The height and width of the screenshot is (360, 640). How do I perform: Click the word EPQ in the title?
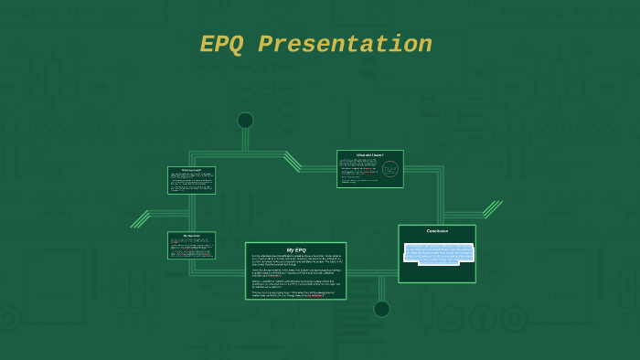click(x=223, y=45)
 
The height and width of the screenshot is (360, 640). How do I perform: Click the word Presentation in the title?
click(x=345, y=45)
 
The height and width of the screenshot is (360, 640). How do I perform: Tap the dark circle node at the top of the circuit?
click(x=245, y=121)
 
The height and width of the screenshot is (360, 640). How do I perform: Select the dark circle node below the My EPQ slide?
click(x=381, y=309)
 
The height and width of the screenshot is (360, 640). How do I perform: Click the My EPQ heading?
click(x=295, y=249)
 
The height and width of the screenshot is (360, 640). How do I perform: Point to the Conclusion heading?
click(x=437, y=231)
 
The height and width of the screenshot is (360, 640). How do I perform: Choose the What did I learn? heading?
click(x=369, y=155)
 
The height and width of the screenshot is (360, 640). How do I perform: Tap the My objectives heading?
click(x=191, y=236)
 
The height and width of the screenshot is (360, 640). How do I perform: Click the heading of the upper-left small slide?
click(x=191, y=170)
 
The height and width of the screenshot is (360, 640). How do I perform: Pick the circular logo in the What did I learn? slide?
click(x=390, y=169)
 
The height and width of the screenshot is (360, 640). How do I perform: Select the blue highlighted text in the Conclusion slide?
click(x=437, y=253)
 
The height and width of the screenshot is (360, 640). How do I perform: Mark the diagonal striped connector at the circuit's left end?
click(x=140, y=218)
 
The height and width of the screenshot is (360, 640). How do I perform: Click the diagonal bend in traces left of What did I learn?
click(x=293, y=161)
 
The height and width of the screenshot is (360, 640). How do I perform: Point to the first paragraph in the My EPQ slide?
click(x=295, y=260)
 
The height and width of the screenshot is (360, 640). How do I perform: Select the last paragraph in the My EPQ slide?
click(x=295, y=293)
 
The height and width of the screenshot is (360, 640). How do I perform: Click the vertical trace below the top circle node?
click(x=245, y=140)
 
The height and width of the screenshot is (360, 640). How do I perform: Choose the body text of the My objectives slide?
click(x=191, y=247)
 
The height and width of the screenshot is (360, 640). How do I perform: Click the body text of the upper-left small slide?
click(x=191, y=182)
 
